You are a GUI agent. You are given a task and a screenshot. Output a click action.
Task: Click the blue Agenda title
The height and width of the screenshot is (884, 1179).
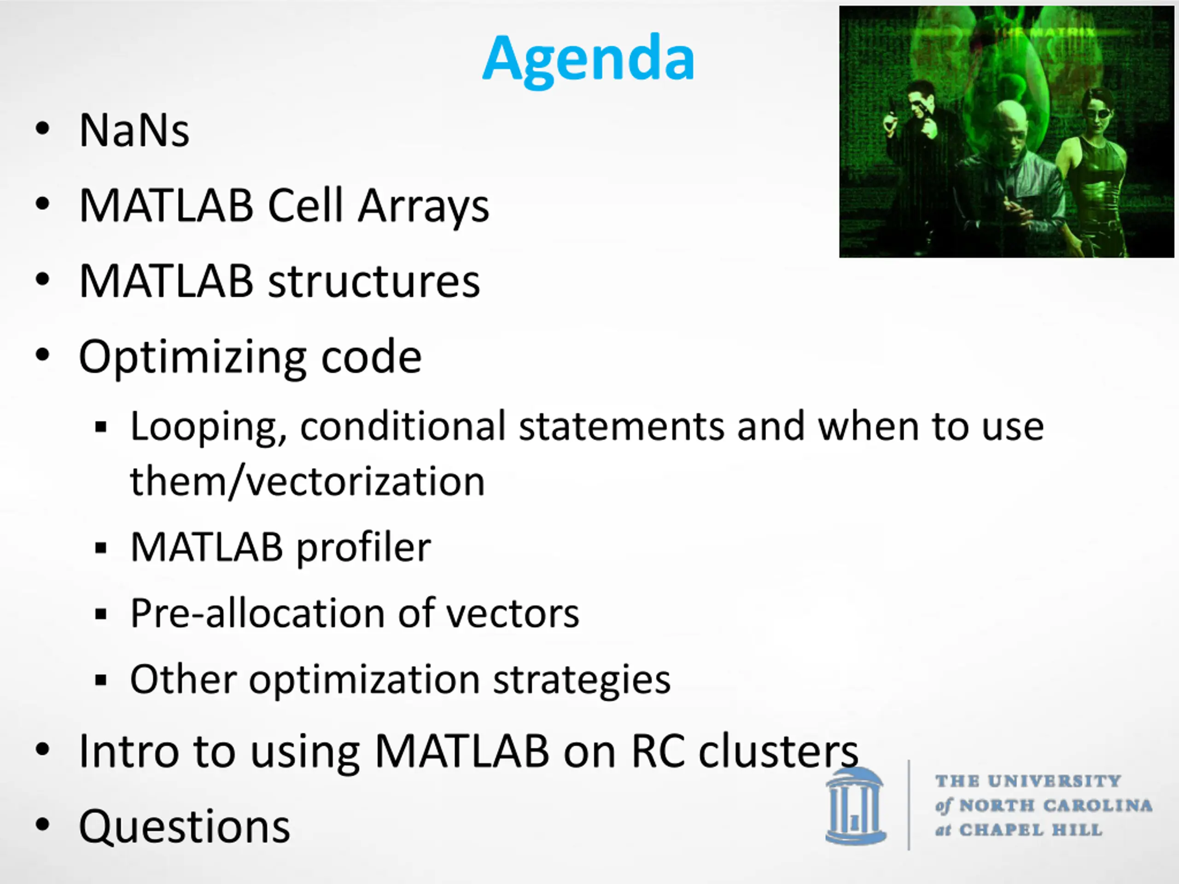pos(589,60)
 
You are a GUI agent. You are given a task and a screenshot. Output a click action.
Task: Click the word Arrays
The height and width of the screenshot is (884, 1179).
pos(423,208)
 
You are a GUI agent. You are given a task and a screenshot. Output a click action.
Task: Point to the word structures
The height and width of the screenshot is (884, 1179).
pos(373,281)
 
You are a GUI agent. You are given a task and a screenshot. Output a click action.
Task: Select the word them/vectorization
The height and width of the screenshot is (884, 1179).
pos(308,482)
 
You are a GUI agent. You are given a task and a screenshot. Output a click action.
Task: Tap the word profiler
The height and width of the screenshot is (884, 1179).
pos(363,549)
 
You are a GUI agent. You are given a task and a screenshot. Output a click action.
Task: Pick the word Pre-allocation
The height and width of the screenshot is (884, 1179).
pos(257,613)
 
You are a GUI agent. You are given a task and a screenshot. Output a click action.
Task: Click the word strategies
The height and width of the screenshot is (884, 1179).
pos(582,681)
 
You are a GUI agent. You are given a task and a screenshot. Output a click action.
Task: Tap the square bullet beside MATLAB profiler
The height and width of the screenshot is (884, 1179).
pos(101,548)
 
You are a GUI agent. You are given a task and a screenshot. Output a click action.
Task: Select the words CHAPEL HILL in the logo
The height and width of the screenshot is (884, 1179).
pos(1031,830)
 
